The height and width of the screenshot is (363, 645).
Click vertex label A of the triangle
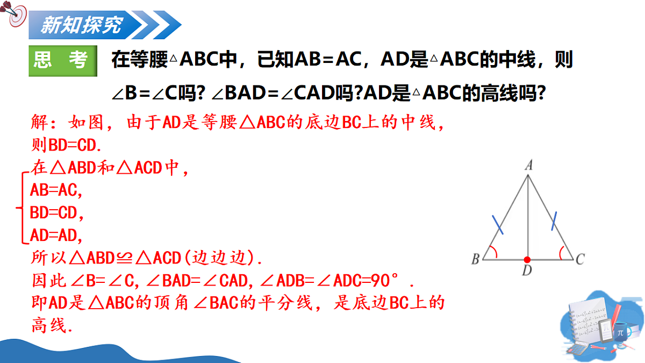click(x=528, y=167)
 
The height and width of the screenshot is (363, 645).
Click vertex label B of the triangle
click(x=475, y=260)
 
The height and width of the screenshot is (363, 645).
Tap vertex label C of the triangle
click(x=580, y=260)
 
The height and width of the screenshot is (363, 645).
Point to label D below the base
click(x=527, y=271)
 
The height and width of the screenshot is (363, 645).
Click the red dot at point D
click(x=527, y=259)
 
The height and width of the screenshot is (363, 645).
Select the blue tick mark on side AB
click(x=498, y=225)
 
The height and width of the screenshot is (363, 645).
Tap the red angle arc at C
click(x=562, y=252)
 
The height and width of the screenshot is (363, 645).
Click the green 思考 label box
click(x=63, y=61)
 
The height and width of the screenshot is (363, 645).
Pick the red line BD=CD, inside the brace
click(x=57, y=213)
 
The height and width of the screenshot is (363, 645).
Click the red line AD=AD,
click(x=56, y=236)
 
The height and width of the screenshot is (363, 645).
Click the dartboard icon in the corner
click(x=16, y=16)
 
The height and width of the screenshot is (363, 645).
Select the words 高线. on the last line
click(x=52, y=325)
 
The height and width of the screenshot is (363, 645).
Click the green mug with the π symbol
click(x=621, y=331)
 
